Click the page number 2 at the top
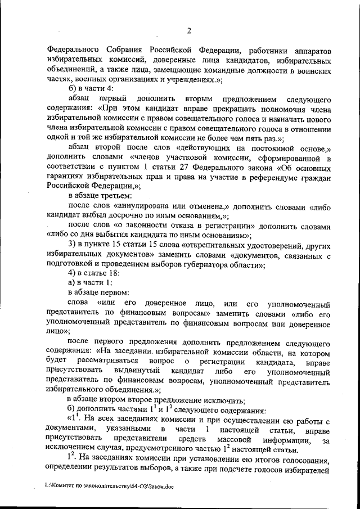pos(189,30)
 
